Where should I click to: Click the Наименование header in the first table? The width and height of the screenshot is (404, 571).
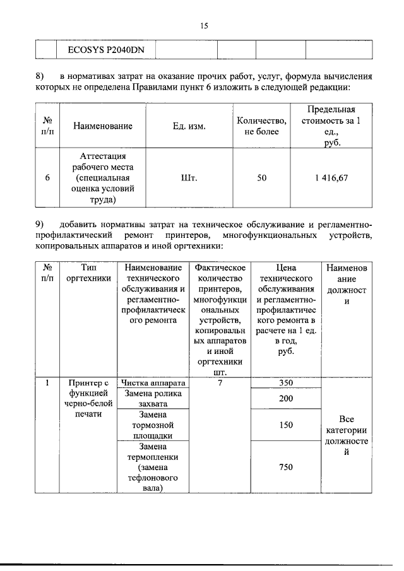(x=102, y=126)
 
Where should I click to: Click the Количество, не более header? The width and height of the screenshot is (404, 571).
(x=261, y=126)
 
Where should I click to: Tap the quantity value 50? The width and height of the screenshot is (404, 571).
(x=261, y=178)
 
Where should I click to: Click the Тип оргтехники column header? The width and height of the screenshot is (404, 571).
(x=88, y=274)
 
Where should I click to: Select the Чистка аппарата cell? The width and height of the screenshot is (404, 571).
(x=153, y=382)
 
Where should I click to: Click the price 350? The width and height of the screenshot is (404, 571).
(x=286, y=382)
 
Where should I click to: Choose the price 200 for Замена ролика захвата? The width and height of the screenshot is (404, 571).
(x=286, y=399)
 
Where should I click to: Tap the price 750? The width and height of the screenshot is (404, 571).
(x=286, y=467)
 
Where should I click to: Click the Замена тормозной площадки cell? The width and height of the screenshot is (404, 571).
(x=153, y=425)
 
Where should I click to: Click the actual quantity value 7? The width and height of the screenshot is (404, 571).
(x=220, y=382)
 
